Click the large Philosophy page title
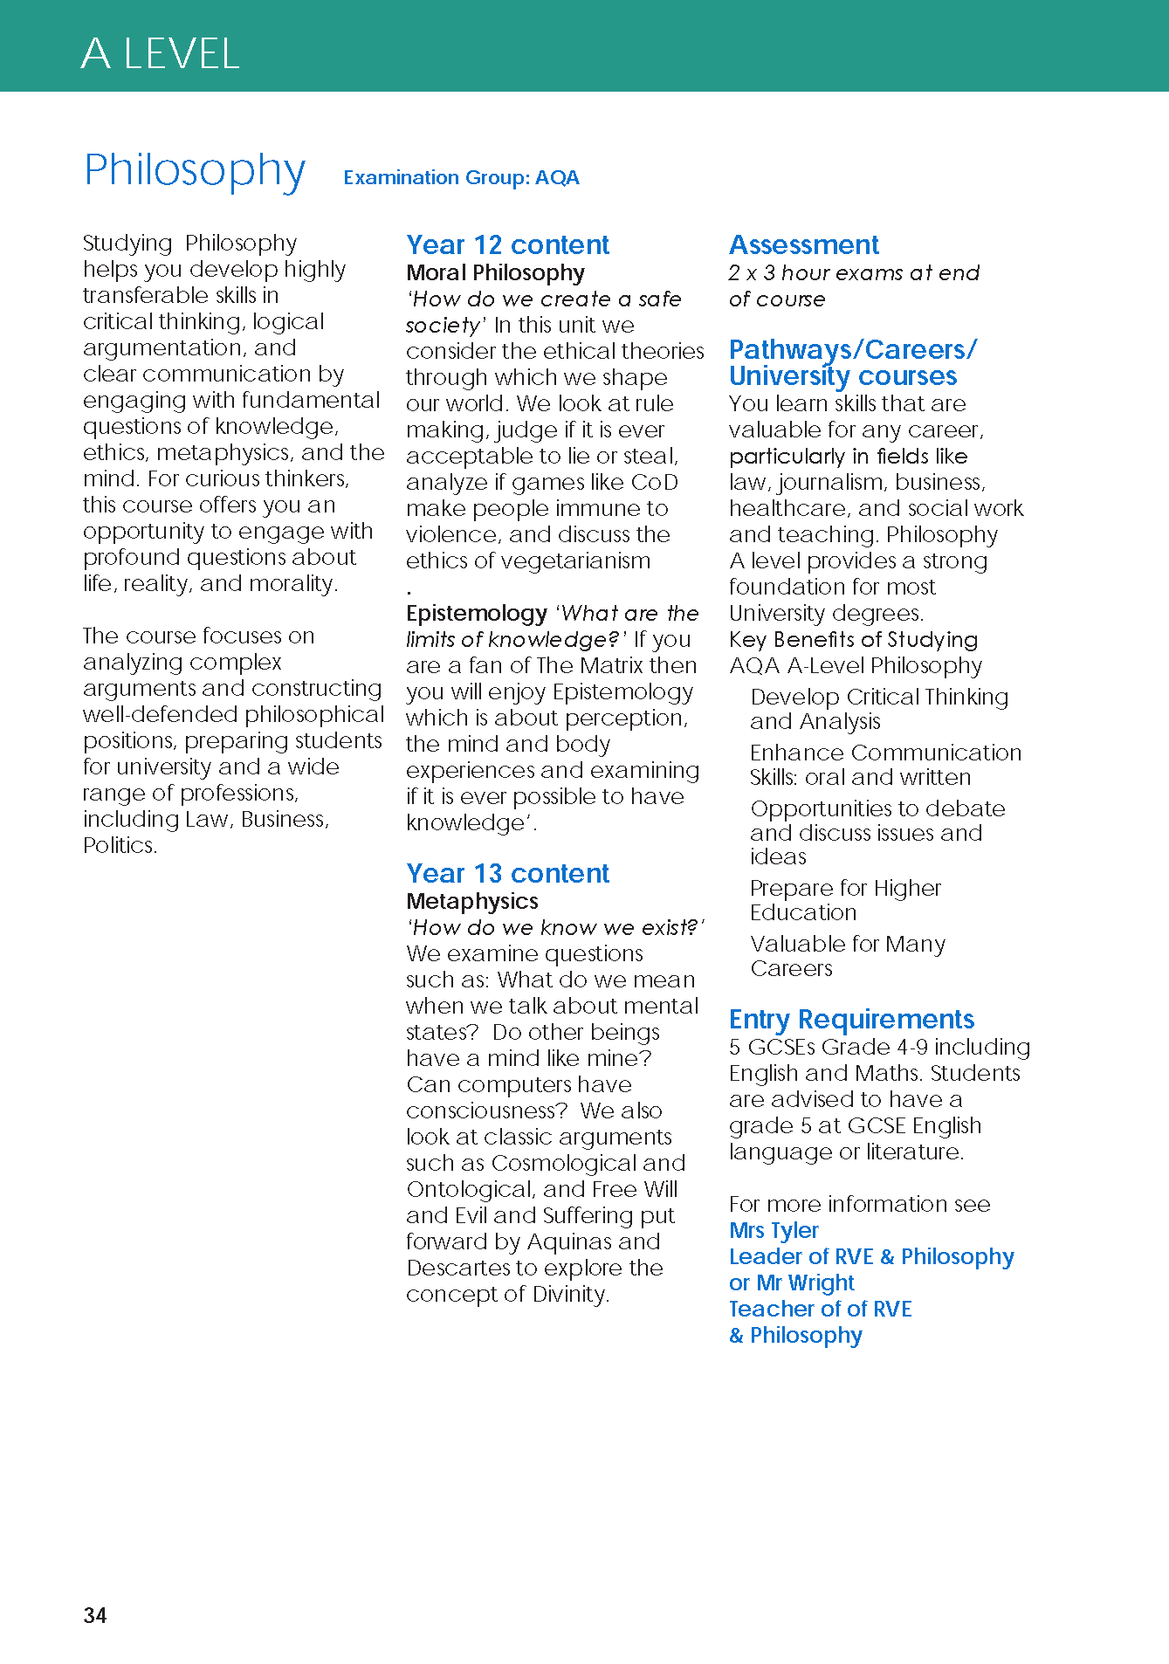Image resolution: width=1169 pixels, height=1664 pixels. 195,170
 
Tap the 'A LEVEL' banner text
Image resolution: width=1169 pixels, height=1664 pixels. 160,54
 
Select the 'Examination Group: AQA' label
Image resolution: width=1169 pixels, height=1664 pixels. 461,177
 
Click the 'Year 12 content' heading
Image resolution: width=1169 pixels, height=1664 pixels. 507,244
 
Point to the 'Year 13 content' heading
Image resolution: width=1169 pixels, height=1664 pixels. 507,873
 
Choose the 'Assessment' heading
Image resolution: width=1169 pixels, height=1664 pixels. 803,244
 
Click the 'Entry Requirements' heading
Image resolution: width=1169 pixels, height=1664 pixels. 851,1019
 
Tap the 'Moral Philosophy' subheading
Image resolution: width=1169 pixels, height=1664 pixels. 495,273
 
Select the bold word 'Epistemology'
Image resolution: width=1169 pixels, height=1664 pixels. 477,614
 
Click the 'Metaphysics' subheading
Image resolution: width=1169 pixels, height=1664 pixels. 472,901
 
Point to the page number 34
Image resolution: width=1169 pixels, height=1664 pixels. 95,1615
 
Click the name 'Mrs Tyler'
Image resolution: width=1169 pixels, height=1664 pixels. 774,1230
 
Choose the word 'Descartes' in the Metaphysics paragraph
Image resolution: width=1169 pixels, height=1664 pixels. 458,1268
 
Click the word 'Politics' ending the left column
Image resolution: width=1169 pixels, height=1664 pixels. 119,846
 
